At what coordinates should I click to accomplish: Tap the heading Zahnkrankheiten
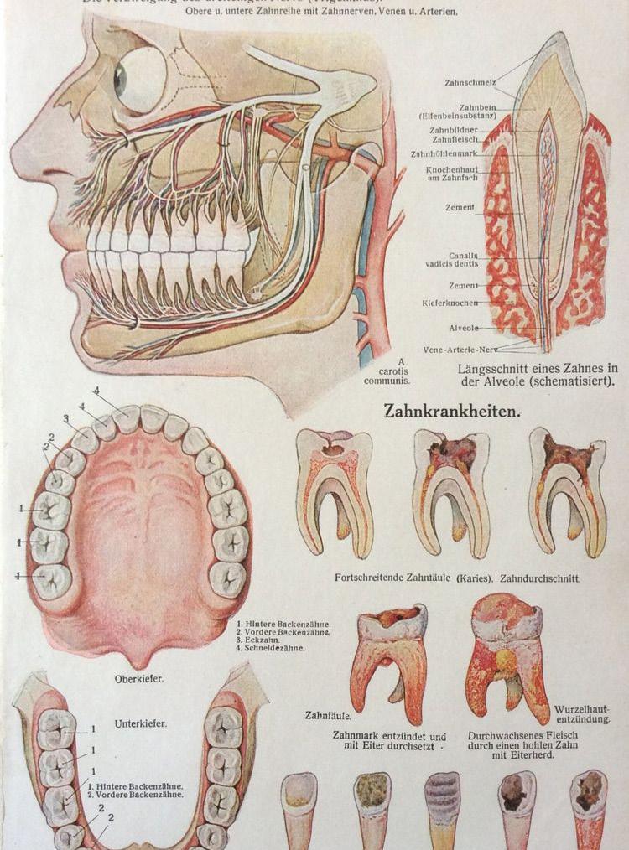coord(454,412)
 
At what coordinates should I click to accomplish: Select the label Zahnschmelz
coord(470,82)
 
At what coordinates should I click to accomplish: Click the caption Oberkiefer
coord(139,679)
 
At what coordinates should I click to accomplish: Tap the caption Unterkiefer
coord(139,723)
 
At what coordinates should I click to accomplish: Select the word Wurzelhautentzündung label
coord(581,716)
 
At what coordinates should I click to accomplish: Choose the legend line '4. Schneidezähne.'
coord(270,648)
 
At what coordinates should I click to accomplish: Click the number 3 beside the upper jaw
coord(65,419)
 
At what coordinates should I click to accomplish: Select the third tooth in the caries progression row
coord(568,490)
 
